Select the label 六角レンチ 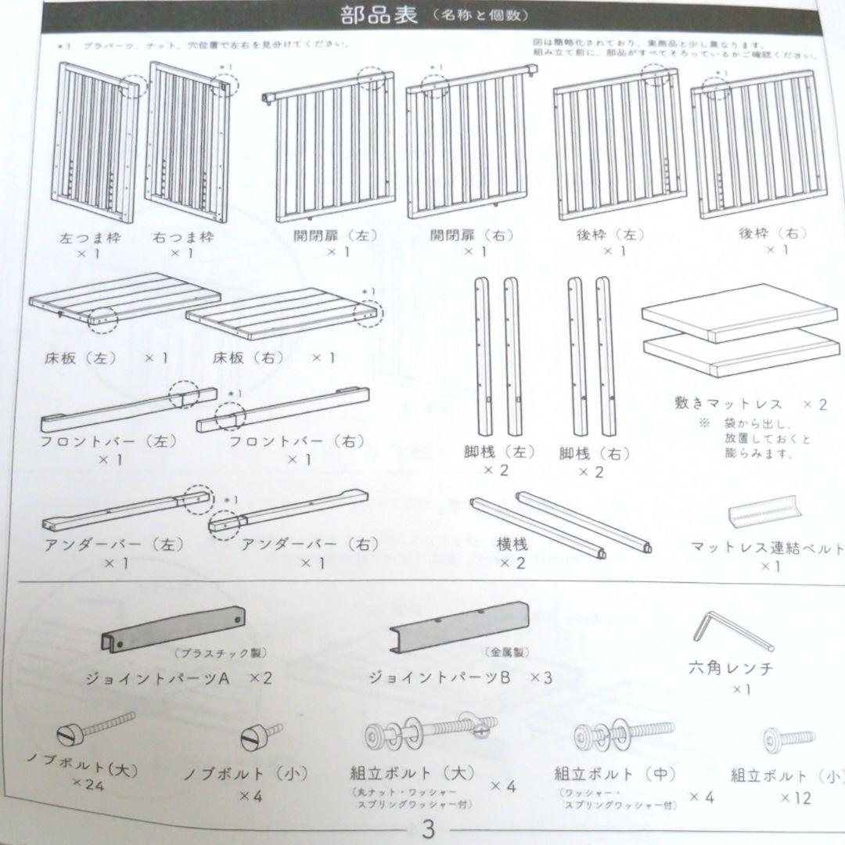[731, 668]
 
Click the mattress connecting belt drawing [765, 512]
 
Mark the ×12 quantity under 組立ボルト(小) [795, 798]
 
